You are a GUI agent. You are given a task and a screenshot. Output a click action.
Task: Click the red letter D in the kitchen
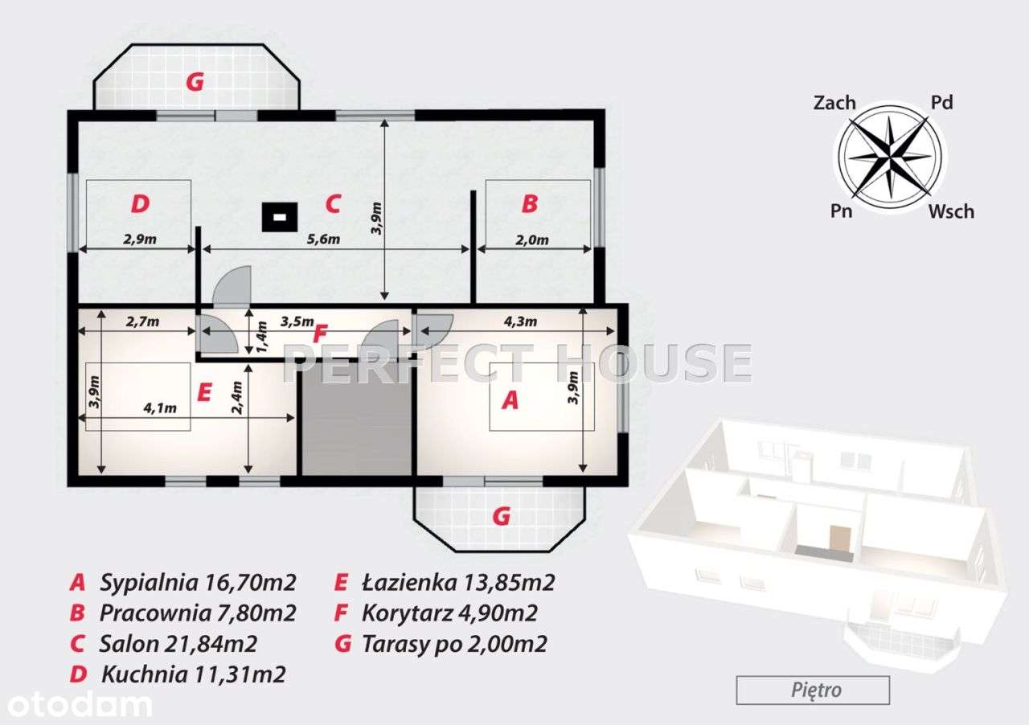coord(140,203)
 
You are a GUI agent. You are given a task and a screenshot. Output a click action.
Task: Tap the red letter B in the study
coord(530,203)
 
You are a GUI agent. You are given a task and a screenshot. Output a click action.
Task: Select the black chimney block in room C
coord(280,217)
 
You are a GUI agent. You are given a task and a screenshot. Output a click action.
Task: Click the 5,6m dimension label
coord(323,240)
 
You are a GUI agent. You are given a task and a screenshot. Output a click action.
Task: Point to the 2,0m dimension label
coord(532,240)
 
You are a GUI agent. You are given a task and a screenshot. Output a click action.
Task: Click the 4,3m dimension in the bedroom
coord(520,322)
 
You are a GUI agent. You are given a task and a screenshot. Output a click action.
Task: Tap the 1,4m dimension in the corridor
coord(261,337)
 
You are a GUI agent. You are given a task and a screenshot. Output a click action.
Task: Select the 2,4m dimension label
coord(237,397)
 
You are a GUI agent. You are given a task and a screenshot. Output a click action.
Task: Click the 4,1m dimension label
coord(160,408)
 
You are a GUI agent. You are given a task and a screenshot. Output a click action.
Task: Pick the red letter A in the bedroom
coord(510,400)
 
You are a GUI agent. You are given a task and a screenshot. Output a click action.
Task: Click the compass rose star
coord(890,157)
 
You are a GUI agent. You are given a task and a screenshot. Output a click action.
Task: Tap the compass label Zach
coord(834,102)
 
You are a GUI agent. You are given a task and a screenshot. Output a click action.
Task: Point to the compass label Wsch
coord(951,211)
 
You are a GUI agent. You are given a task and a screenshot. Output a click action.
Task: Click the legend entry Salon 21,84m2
coord(178,644)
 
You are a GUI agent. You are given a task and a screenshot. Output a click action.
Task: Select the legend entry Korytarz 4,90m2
coord(449,613)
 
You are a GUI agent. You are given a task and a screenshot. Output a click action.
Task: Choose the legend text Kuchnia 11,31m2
coord(194,674)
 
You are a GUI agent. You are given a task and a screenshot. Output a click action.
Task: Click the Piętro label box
coord(813,690)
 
